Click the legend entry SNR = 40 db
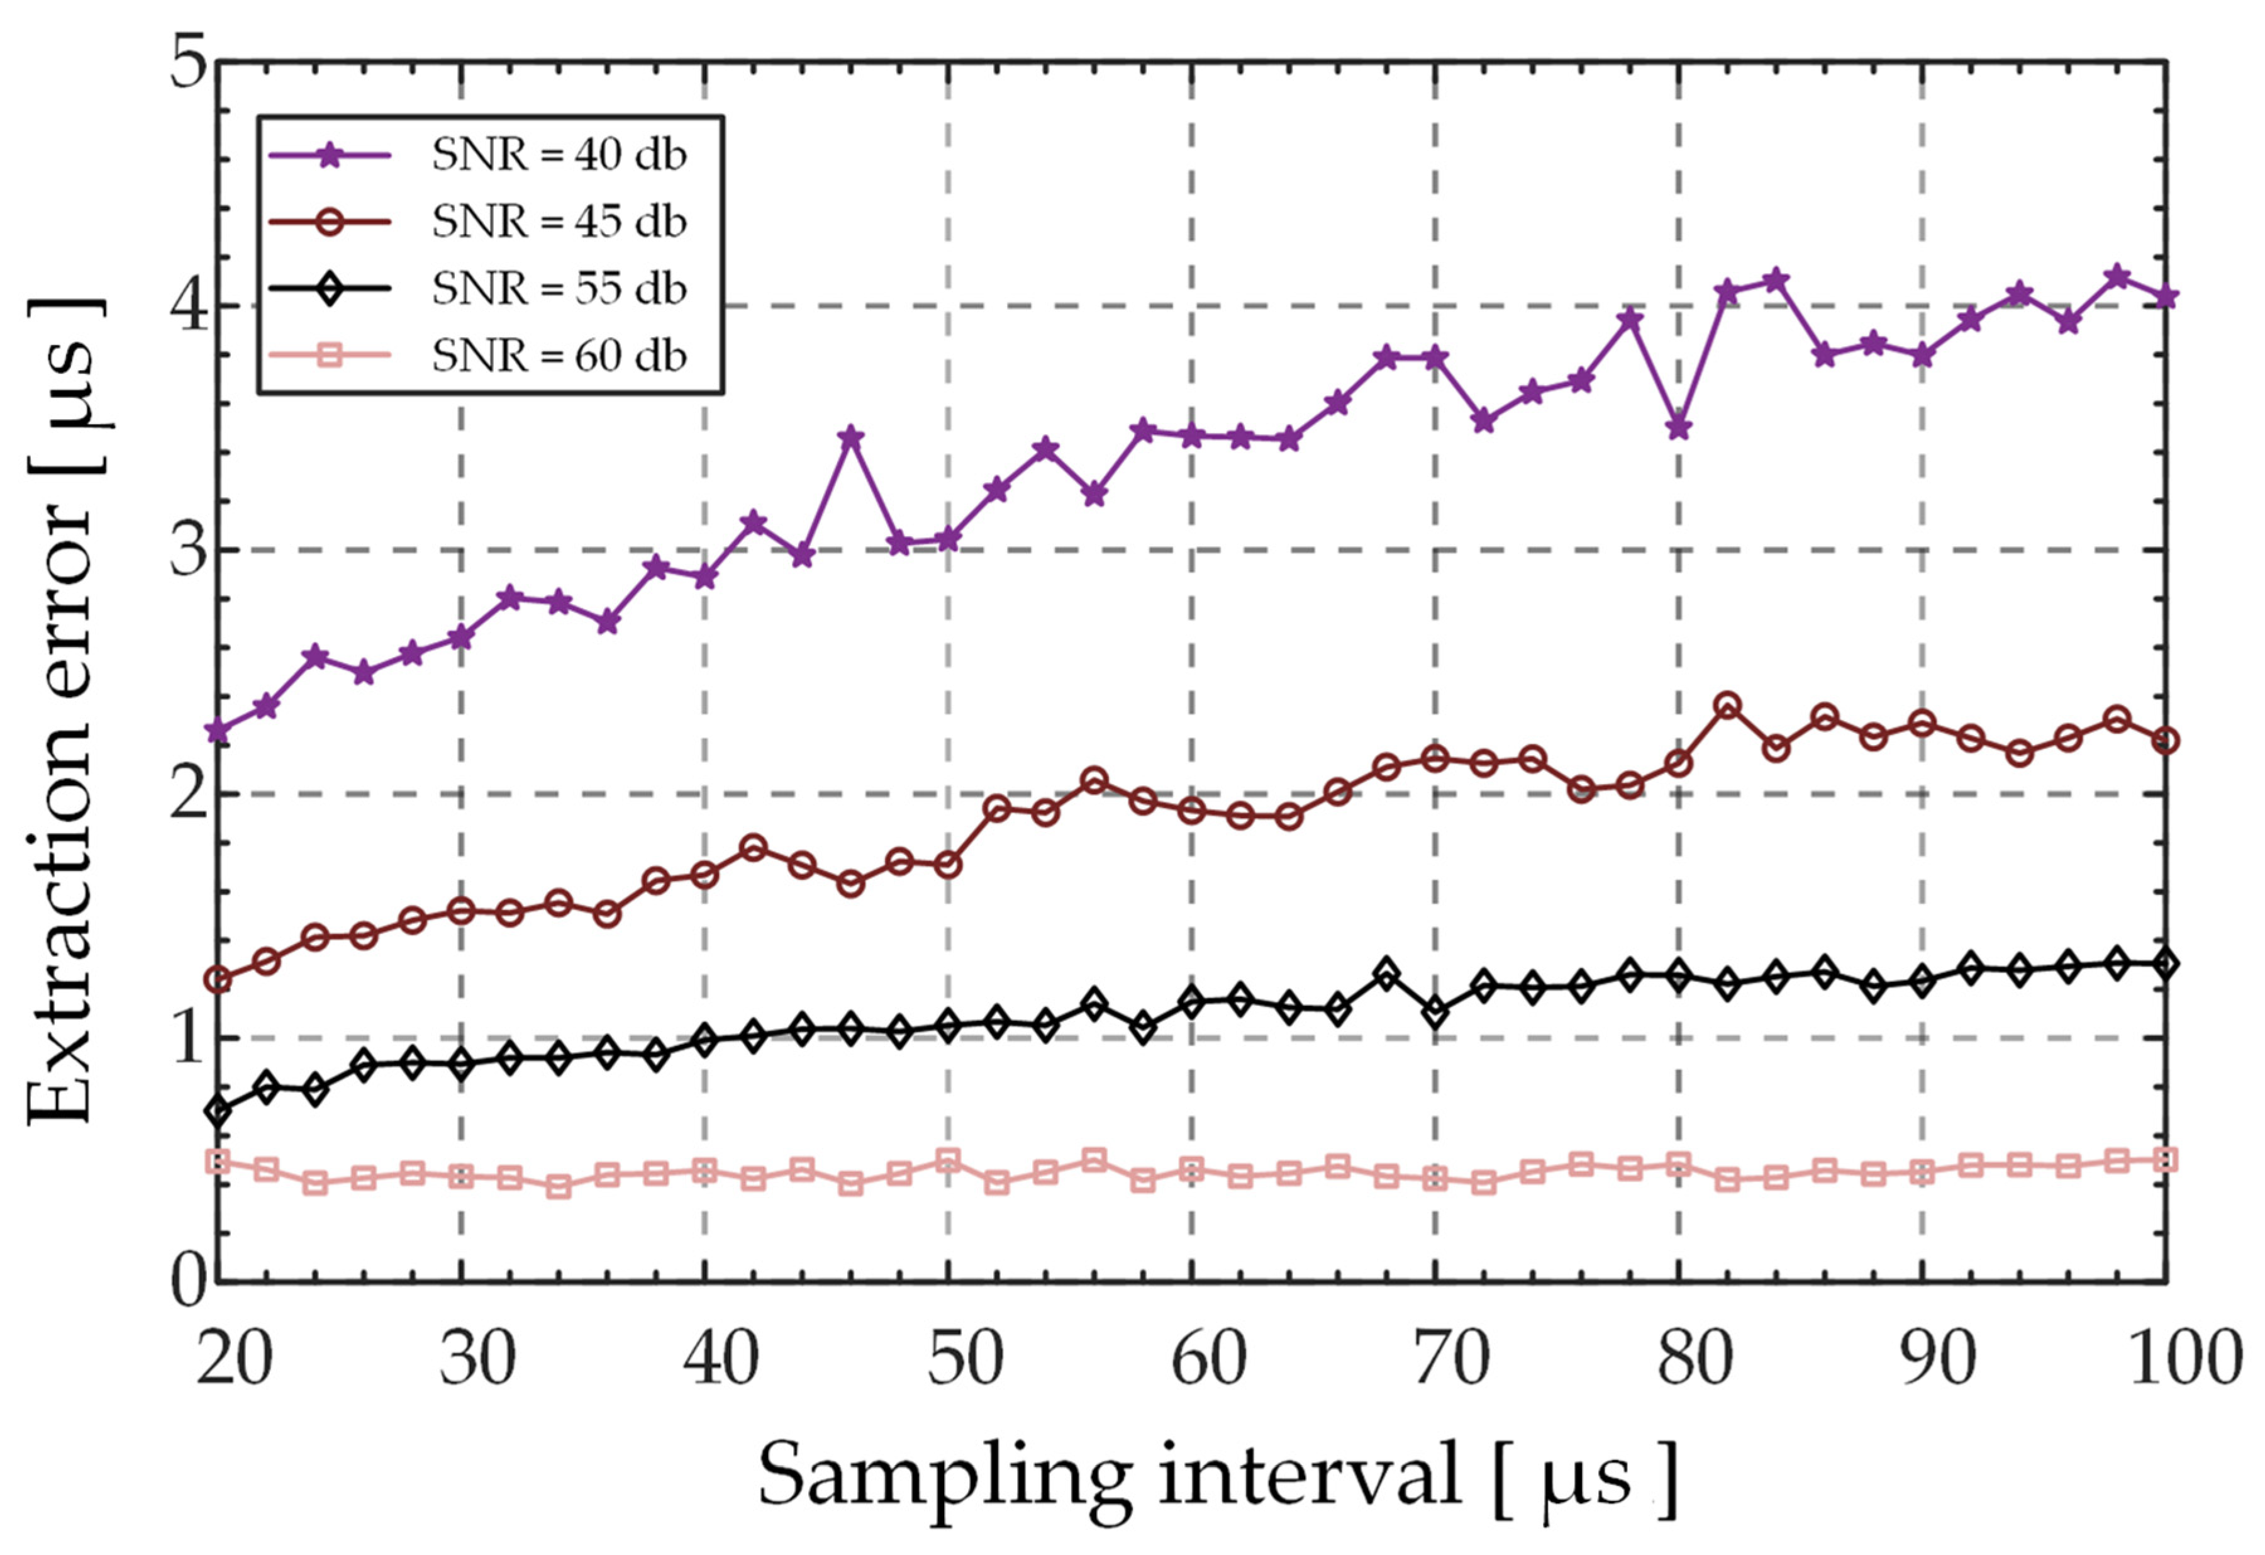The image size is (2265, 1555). click(559, 155)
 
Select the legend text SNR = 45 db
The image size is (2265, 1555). click(559, 222)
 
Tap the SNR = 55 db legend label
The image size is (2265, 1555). click(559, 289)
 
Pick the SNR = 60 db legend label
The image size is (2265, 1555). click(559, 356)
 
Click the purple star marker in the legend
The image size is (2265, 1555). click(330, 155)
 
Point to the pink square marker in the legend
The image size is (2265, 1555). click(330, 356)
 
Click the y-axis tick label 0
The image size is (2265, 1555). click(187, 1281)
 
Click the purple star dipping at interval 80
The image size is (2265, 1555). click(1678, 428)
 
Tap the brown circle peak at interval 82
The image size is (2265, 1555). click(1727, 706)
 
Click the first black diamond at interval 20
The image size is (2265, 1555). click(218, 1111)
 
